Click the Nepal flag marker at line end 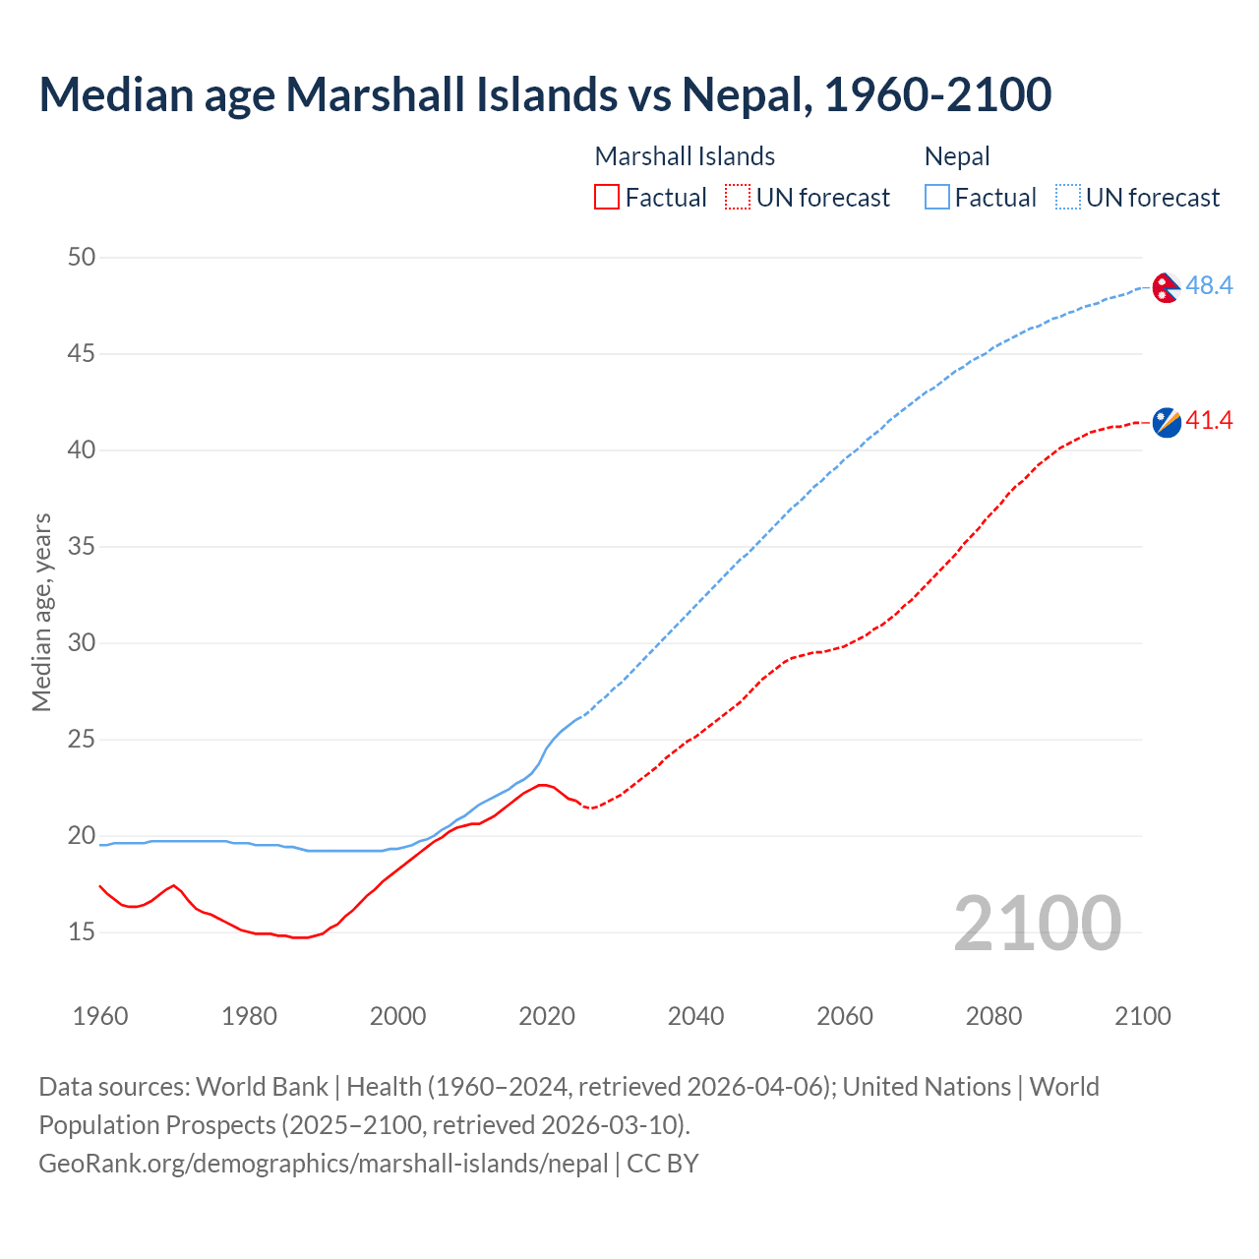pyautogui.click(x=1166, y=287)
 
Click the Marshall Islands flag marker pyautogui.click(x=1166, y=423)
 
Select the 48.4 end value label pyautogui.click(x=1209, y=286)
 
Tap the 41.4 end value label pyautogui.click(x=1209, y=421)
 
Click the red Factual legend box pyautogui.click(x=607, y=198)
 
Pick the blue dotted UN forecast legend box pyautogui.click(x=1068, y=198)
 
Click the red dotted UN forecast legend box pyautogui.click(x=738, y=198)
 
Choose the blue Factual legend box pyautogui.click(x=937, y=198)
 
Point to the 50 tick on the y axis pyautogui.click(x=82, y=258)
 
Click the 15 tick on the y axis pyautogui.click(x=82, y=932)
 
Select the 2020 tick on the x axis pyautogui.click(x=547, y=1016)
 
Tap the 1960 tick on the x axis pyautogui.click(x=100, y=1016)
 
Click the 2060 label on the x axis pyautogui.click(x=845, y=1016)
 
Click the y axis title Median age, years pyautogui.click(x=41, y=612)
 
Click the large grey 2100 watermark pyautogui.click(x=1037, y=924)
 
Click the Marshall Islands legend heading pyautogui.click(x=685, y=156)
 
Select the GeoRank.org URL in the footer pyautogui.click(x=323, y=1164)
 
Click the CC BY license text pyautogui.click(x=663, y=1164)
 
